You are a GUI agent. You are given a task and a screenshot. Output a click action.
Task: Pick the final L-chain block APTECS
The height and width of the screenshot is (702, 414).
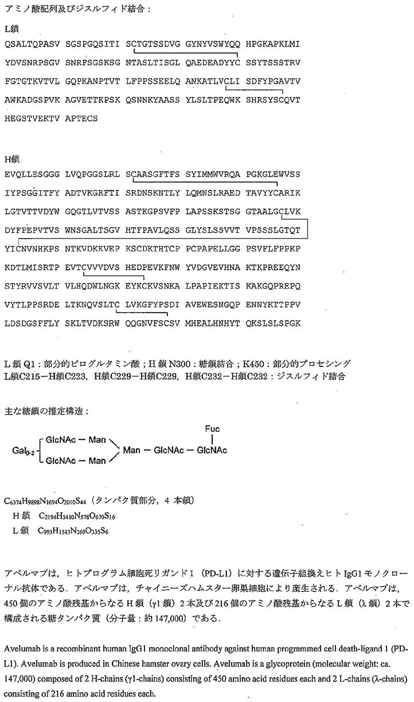point(81,119)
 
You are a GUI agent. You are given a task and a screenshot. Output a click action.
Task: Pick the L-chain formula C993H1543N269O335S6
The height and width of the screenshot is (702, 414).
point(75,531)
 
